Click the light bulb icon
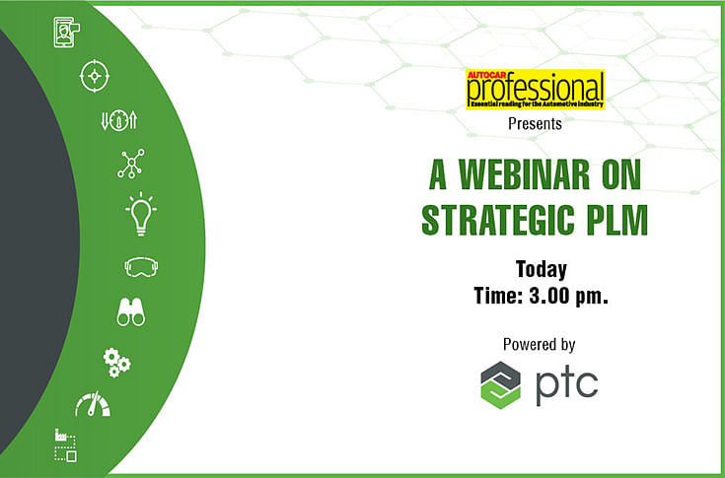click(x=141, y=214)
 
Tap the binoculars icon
click(x=131, y=311)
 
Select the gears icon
click(x=116, y=363)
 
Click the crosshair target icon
click(x=95, y=76)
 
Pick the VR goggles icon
click(x=141, y=267)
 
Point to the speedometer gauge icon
click(x=93, y=404)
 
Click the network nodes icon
click(x=131, y=164)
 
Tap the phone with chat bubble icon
click(x=67, y=33)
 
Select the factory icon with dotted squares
click(x=66, y=445)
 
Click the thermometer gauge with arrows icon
click(x=119, y=120)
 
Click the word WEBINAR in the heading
click(x=525, y=175)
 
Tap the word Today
click(x=541, y=269)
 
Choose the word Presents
click(x=535, y=124)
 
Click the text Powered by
click(x=540, y=345)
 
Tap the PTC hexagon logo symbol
click(x=501, y=385)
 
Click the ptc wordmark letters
click(x=567, y=385)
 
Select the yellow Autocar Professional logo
click(x=535, y=89)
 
